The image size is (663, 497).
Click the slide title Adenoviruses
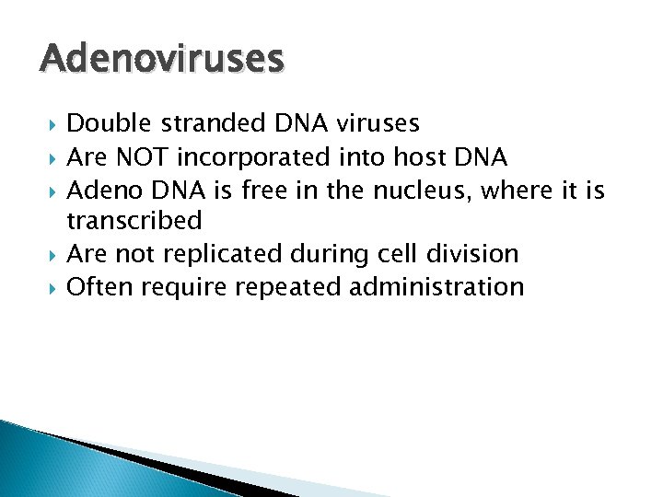(162, 60)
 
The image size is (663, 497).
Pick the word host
(415, 156)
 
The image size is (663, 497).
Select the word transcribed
(134, 221)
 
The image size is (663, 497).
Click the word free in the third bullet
(265, 189)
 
